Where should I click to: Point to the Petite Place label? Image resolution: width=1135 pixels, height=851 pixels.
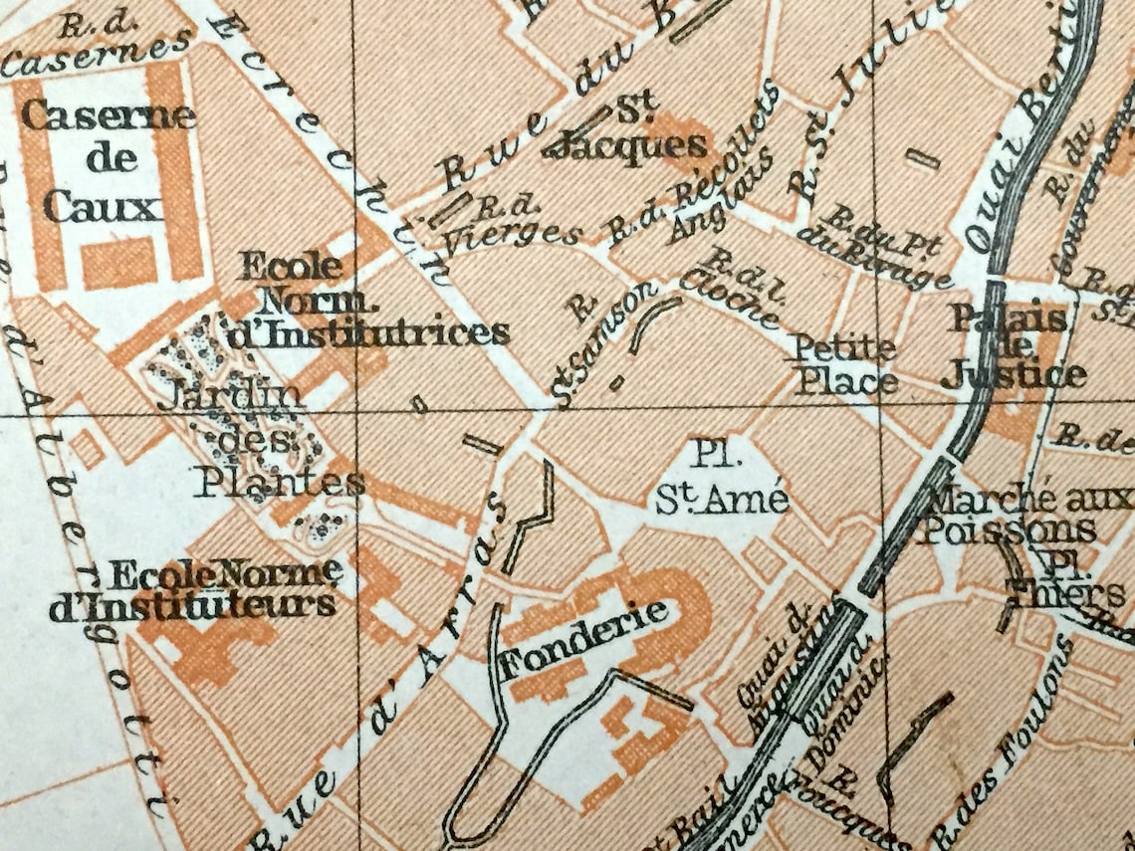click(x=844, y=364)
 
